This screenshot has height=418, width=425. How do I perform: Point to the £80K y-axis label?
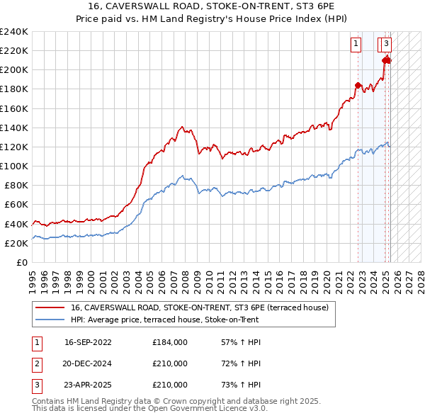(x=16, y=185)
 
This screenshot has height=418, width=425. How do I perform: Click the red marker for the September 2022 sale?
(x=358, y=86)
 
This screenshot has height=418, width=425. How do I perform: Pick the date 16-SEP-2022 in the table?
(x=88, y=342)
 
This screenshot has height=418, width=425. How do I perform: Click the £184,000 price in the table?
(x=170, y=342)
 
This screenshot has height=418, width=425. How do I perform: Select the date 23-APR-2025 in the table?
(x=88, y=385)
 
